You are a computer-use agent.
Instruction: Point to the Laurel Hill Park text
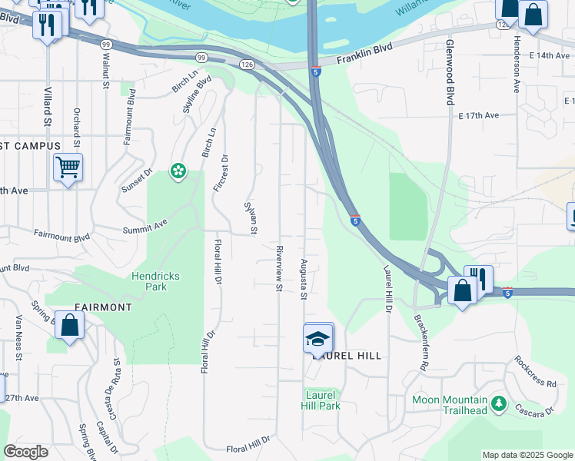320,400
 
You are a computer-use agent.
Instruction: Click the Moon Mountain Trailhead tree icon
499,403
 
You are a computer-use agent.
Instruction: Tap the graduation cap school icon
318,337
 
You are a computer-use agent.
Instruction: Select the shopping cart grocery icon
68,166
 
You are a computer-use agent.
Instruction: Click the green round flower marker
178,171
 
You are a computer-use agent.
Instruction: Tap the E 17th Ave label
478,115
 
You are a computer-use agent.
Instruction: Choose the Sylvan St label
251,217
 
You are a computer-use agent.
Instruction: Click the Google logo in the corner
25,452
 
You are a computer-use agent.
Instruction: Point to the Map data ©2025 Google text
527,455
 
